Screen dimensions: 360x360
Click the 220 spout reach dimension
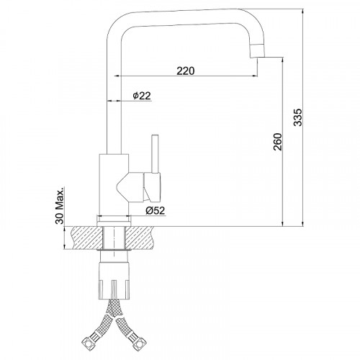[186, 71]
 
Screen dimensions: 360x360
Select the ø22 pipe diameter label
[142, 96]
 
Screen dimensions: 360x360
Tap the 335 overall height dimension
[298, 117]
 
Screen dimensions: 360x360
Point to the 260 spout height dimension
[278, 142]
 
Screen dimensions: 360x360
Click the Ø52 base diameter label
[156, 210]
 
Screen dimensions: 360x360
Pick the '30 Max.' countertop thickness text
[60, 205]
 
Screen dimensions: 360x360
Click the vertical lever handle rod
[155, 154]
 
